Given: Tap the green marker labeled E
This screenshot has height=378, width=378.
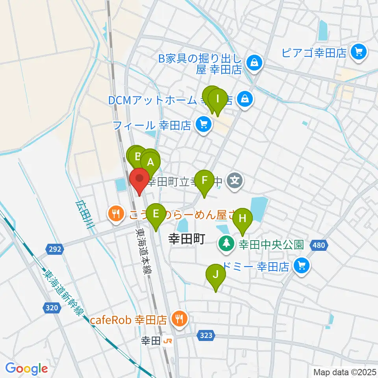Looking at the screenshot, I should coord(156,215).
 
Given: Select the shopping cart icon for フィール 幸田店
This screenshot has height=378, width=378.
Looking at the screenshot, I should coord(203,126).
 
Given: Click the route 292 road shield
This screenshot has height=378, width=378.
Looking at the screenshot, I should coord(55,248).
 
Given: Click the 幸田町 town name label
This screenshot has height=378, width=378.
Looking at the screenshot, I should coord(187,239).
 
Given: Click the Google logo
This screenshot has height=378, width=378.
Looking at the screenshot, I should coord(27,369).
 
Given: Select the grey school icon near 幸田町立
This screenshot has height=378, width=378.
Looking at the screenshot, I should coord(235,181).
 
